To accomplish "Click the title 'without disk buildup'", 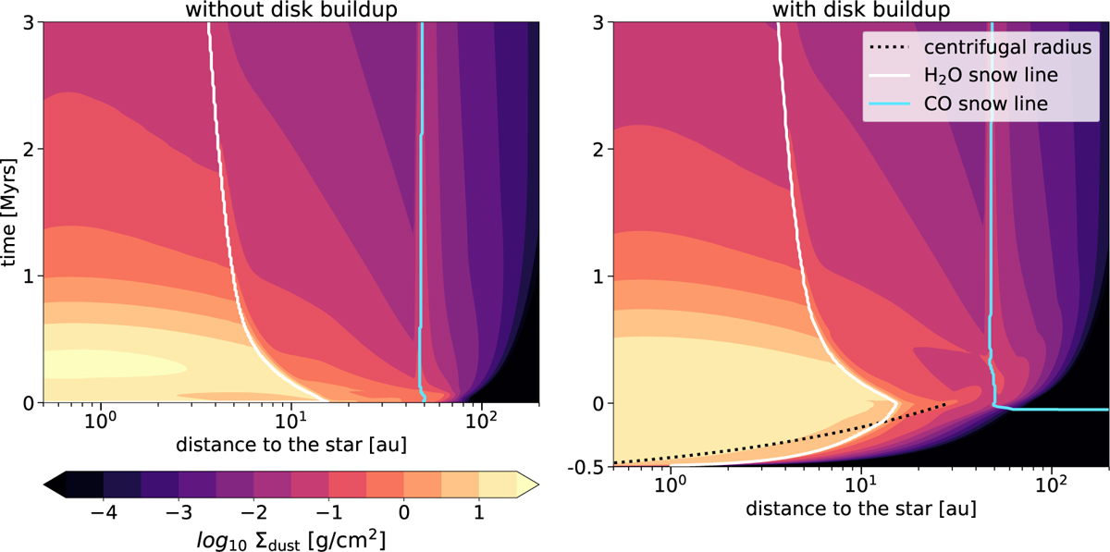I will [x=290, y=9].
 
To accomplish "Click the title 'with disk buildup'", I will [x=858, y=9].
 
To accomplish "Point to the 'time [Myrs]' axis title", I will [x=12, y=213].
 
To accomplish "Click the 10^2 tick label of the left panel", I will [x=480, y=422].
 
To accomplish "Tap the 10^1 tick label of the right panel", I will [x=860, y=485].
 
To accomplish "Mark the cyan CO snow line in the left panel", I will [x=421, y=231].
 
